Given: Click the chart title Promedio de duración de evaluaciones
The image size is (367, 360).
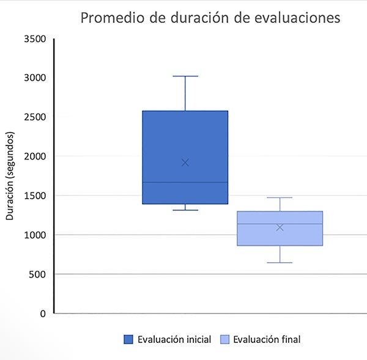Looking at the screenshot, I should pyautogui.click(x=210, y=18).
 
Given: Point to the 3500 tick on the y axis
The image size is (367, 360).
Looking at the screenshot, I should pyautogui.click(x=35, y=39).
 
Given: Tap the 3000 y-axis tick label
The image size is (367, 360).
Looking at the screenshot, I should pyautogui.click(x=35, y=78).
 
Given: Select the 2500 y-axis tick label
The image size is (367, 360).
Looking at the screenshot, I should pyautogui.click(x=35, y=117).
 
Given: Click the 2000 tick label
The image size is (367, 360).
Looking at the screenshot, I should pyautogui.click(x=35, y=156).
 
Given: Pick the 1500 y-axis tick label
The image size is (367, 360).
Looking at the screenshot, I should pyautogui.click(x=35, y=196).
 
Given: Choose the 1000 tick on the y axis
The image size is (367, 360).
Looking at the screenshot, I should pyautogui.click(x=35, y=235).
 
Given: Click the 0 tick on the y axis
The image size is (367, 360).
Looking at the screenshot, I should pyautogui.click(x=43, y=314).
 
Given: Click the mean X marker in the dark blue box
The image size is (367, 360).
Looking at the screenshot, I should pyautogui.click(x=185, y=163).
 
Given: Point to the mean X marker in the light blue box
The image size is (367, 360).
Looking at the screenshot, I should pyautogui.click(x=280, y=227).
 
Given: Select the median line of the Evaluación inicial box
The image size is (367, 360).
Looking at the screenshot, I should pyautogui.click(x=185, y=182).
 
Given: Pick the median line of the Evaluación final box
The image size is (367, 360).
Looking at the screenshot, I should pyautogui.click(x=280, y=224).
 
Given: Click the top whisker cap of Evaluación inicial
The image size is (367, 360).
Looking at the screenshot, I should pyautogui.click(x=185, y=76).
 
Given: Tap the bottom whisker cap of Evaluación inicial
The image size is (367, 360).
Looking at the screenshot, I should pyautogui.click(x=185, y=210).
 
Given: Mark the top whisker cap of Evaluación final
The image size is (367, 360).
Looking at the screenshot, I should pyautogui.click(x=280, y=197).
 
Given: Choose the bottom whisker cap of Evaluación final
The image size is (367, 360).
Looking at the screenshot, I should pyautogui.click(x=280, y=263).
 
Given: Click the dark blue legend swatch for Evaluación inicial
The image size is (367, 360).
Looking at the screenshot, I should pyautogui.click(x=129, y=340).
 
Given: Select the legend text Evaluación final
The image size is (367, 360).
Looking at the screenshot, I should pyautogui.click(x=267, y=340).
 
